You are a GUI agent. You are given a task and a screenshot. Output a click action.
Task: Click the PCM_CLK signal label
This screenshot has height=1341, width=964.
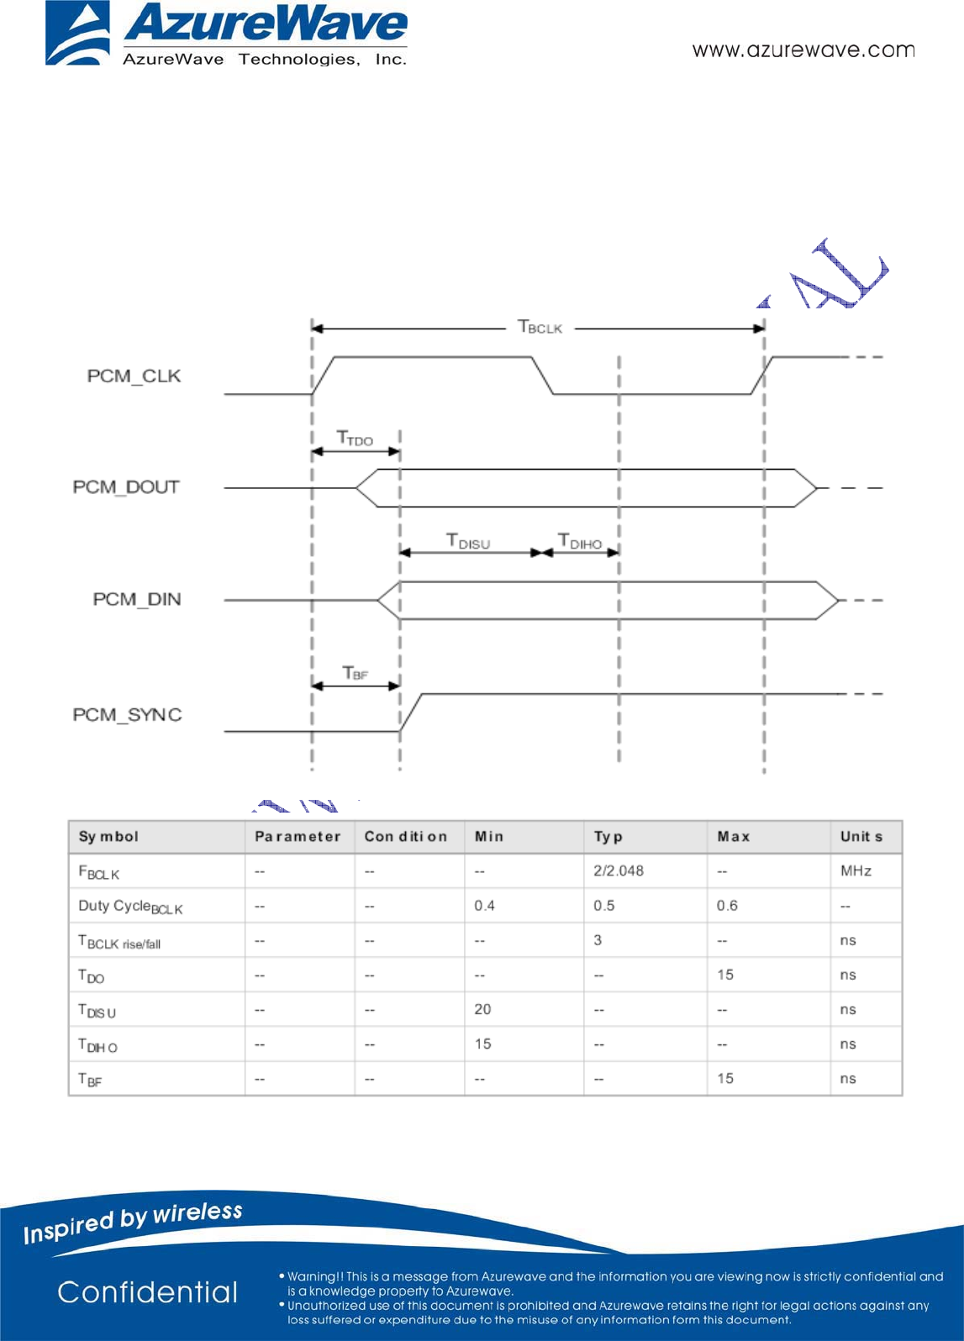pos(134,376)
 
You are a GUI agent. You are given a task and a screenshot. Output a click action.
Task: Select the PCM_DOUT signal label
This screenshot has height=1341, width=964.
pos(126,487)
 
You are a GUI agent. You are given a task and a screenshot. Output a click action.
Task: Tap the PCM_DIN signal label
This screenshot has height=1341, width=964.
pos(136,599)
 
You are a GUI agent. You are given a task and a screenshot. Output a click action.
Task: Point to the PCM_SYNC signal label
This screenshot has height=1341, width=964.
pos(127,715)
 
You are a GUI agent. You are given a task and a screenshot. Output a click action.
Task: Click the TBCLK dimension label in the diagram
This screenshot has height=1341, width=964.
pos(540,327)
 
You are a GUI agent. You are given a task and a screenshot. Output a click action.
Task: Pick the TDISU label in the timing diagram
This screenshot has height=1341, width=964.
pos(467,541)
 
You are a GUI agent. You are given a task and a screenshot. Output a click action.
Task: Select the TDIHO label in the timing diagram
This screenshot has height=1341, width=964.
pos(580,541)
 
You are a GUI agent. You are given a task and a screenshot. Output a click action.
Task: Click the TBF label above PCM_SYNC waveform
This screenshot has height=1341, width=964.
pos(356,673)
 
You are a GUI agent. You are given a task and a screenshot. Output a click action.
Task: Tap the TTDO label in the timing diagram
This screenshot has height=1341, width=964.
pos(355,438)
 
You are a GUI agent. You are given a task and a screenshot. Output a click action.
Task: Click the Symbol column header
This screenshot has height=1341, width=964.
pos(108,837)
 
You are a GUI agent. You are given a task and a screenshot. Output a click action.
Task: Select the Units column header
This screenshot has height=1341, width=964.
pos(861,837)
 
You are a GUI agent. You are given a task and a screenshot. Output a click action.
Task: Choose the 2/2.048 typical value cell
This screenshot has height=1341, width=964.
pos(619,871)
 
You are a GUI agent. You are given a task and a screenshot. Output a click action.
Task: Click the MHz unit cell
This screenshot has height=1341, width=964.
pos(856,871)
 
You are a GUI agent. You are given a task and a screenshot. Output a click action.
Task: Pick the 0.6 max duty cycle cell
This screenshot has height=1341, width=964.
pos(727,906)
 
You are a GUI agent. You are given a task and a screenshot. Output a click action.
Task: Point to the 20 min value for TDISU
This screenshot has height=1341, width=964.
pos(482,1009)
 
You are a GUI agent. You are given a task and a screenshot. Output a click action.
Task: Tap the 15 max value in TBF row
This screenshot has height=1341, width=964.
pos(725,1078)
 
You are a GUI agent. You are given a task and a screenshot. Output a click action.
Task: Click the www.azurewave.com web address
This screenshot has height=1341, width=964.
pos(803,50)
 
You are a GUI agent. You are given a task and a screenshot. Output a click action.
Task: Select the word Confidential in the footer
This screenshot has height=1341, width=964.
pos(148,1292)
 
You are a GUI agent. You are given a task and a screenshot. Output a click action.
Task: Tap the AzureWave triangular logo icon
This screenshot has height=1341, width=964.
pos(77,34)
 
